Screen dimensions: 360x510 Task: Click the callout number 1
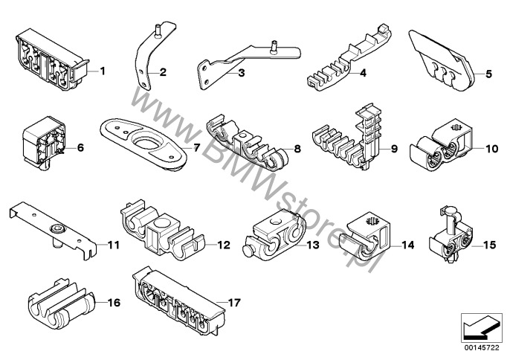coord(102,71)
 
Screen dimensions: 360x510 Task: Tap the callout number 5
coord(488,74)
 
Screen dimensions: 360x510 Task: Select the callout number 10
coord(491,148)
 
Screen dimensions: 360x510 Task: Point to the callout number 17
coord(236,303)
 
